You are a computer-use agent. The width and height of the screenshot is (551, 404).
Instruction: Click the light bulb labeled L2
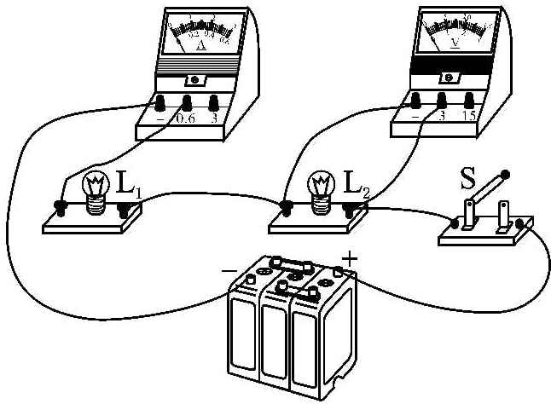[322, 187]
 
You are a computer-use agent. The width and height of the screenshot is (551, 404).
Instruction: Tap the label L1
[125, 183]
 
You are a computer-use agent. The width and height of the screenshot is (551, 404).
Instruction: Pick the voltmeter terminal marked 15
[467, 100]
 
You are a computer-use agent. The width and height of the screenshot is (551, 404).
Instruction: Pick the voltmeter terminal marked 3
[442, 101]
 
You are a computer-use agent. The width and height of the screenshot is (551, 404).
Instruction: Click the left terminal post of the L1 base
[61, 205]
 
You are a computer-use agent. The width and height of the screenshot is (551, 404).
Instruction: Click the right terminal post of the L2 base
[349, 206]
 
